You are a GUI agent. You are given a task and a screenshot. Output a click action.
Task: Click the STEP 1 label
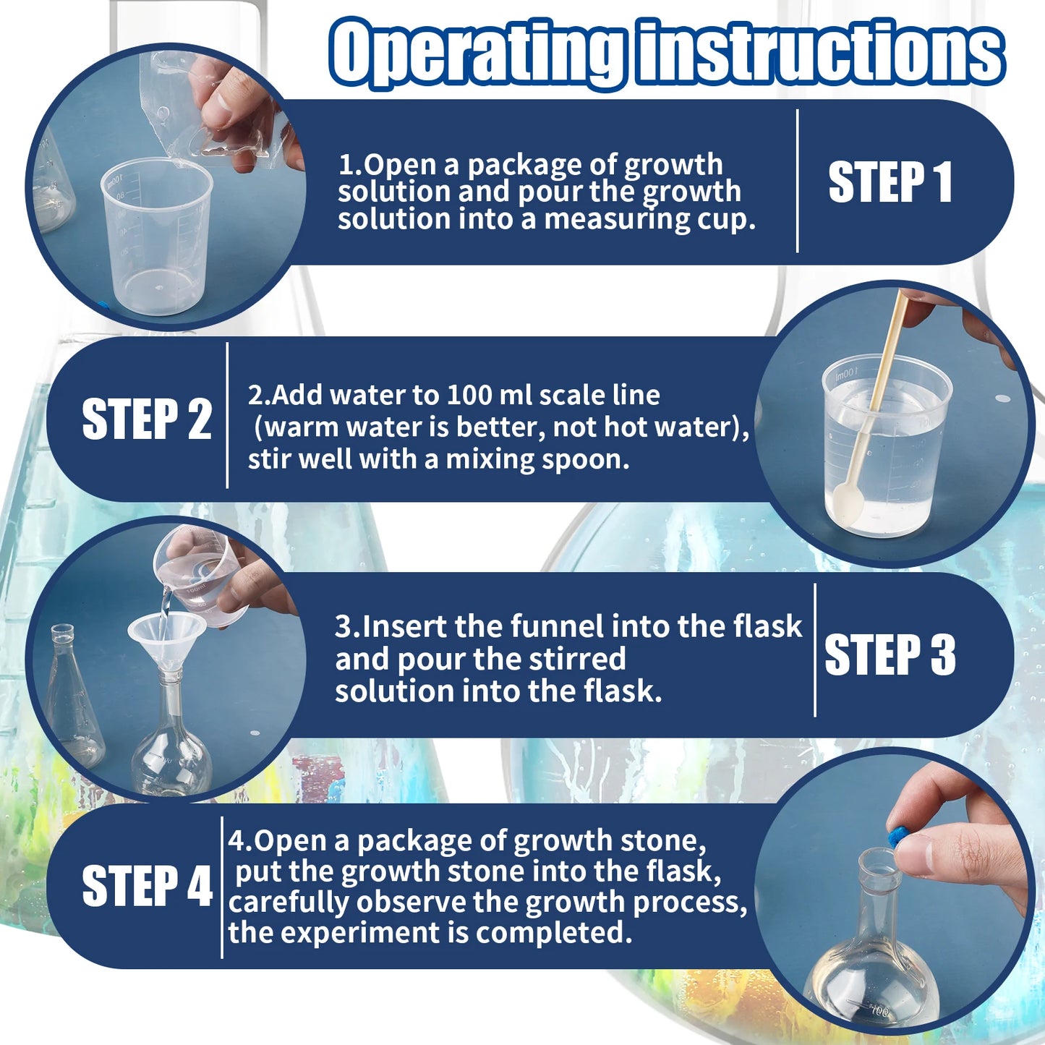pyautogui.click(x=890, y=182)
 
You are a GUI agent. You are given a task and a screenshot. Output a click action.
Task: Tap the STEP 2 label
pyautogui.click(x=146, y=419)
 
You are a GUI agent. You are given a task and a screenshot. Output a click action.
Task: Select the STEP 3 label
pyautogui.click(x=890, y=654)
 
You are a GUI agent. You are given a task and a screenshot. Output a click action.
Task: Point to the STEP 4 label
pyautogui.click(x=146, y=886)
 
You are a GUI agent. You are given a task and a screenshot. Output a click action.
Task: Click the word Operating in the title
pyautogui.click(x=477, y=52)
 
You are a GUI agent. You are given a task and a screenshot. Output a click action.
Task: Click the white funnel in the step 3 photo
pyautogui.click(x=166, y=636)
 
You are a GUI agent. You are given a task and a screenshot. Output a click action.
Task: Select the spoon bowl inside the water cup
pyautogui.click(x=845, y=502)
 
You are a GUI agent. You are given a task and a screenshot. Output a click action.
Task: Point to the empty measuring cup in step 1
pyautogui.click(x=156, y=239)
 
